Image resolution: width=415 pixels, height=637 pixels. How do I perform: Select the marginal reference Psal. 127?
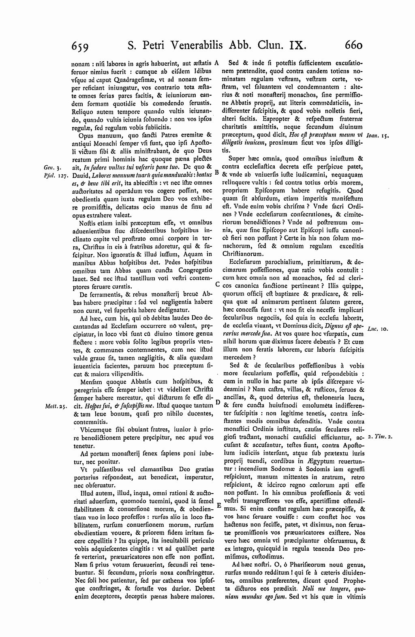point(50,175)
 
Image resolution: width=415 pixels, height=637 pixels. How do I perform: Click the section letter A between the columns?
point(217,63)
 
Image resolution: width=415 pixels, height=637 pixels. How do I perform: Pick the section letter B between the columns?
point(217,173)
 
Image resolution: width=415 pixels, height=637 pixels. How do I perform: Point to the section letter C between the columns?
point(217,284)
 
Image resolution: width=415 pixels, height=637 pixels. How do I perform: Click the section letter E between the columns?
point(218,505)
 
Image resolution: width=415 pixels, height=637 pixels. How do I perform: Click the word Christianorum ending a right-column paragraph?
point(243,254)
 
